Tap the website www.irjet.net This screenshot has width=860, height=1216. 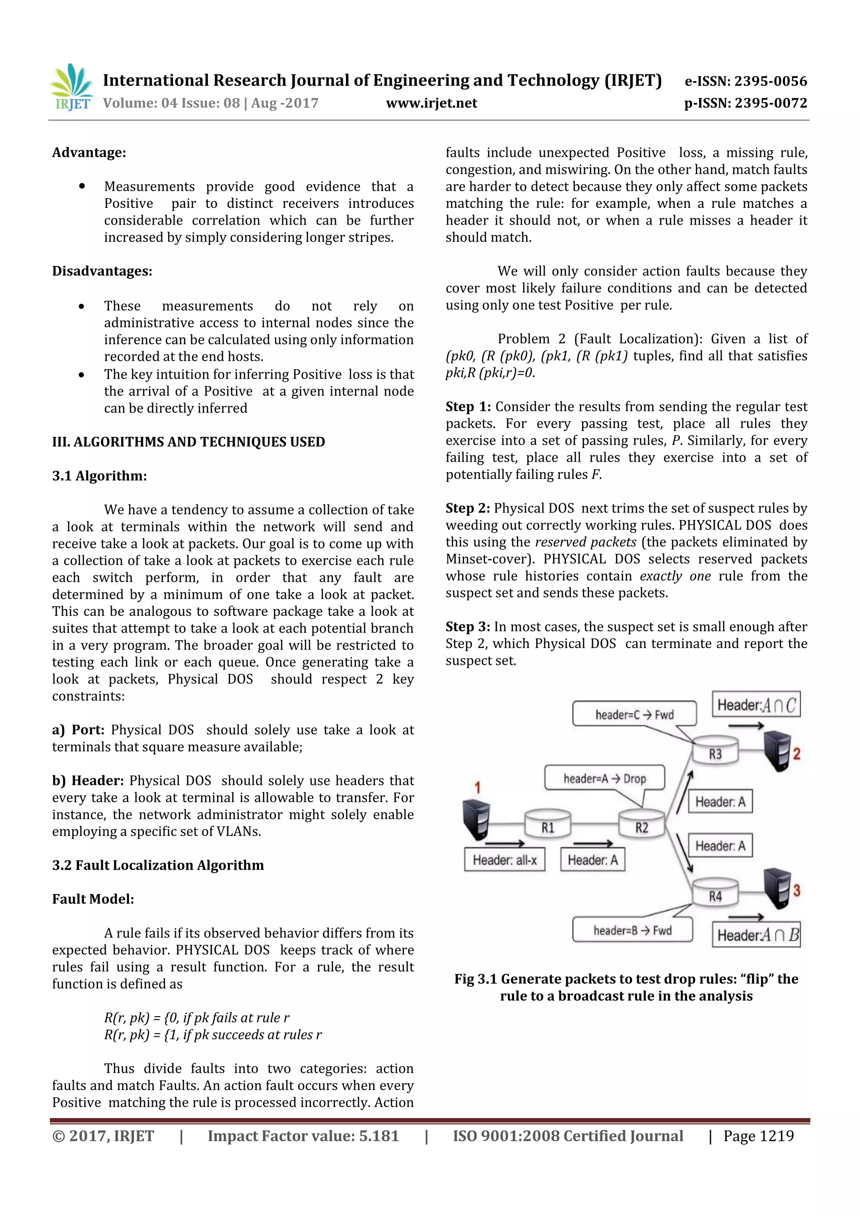coord(431,103)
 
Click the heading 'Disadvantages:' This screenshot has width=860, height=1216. coord(102,271)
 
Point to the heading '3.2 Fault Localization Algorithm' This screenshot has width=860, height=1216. coord(158,865)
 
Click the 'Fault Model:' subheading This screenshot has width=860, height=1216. coord(93,899)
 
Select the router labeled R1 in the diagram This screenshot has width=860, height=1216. coord(548,824)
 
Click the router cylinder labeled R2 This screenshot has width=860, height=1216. coord(641,824)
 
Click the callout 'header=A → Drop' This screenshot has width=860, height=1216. coord(604,779)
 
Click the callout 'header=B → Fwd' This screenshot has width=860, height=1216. coord(632,931)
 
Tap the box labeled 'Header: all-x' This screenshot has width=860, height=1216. coord(504,860)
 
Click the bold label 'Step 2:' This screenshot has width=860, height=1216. coord(467,508)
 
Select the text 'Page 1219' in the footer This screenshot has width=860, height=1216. coord(758,1135)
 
